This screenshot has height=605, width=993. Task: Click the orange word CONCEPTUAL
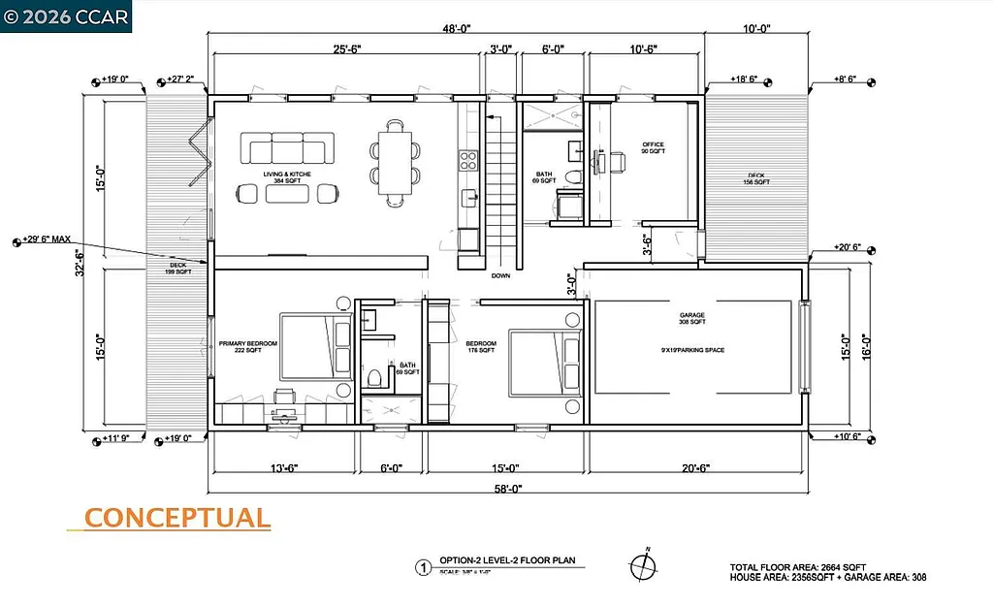click(x=176, y=519)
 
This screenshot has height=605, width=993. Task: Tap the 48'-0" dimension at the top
click(x=456, y=29)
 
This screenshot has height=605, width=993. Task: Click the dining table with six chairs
click(x=395, y=163)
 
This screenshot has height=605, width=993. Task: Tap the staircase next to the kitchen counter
click(x=501, y=184)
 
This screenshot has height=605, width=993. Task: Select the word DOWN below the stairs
click(x=501, y=275)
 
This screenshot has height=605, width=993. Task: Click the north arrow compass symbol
click(x=641, y=565)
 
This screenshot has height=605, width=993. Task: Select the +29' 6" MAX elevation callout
click(x=61, y=240)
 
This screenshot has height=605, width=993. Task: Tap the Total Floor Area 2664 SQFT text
click(x=797, y=566)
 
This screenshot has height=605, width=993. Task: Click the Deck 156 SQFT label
click(x=756, y=178)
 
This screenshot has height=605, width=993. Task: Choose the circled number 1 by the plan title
click(x=422, y=569)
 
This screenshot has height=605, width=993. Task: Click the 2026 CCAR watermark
click(x=66, y=16)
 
